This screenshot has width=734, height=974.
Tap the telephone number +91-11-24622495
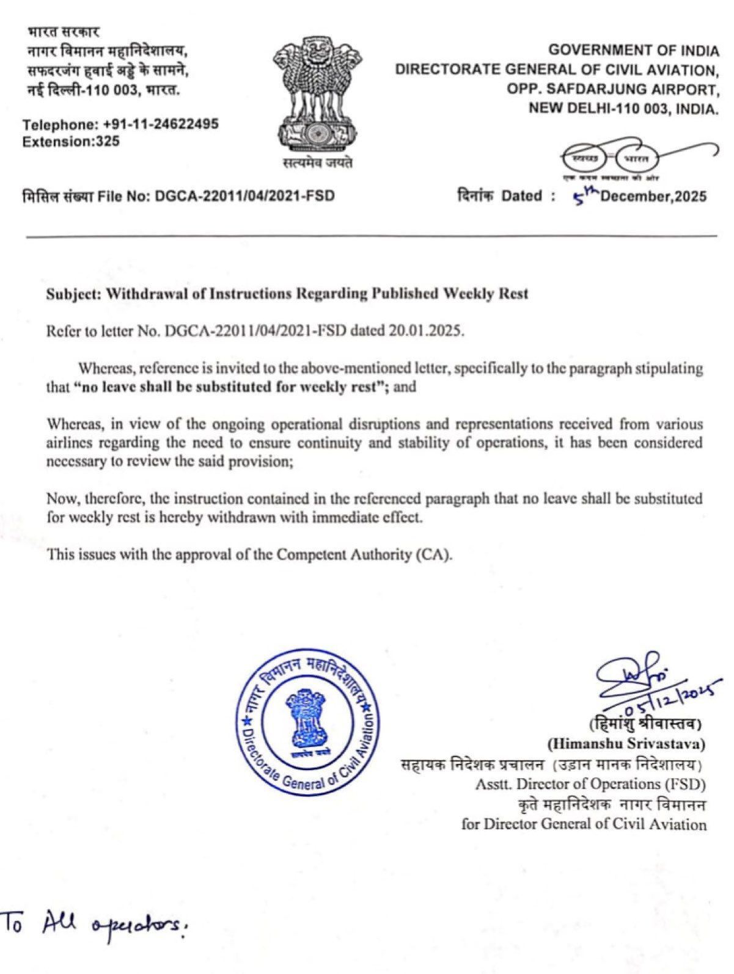point(162,125)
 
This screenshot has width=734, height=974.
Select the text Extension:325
point(71,142)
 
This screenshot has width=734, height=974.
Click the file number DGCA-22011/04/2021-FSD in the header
point(244,196)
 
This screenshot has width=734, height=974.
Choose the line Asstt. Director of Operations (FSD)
point(590,783)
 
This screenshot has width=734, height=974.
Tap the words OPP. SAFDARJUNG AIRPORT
point(611,89)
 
